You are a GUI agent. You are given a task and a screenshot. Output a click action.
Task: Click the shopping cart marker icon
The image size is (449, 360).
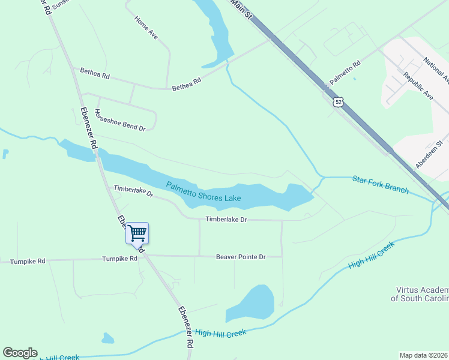click(137, 232)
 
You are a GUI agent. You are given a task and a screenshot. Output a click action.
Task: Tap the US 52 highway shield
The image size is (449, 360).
click(340, 102)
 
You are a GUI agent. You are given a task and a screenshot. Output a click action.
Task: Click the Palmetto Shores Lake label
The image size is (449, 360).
click(203, 192)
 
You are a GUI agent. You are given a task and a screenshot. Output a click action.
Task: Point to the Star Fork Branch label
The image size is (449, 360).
click(381, 184)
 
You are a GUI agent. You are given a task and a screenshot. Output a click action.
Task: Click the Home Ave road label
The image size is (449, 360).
click(146, 28)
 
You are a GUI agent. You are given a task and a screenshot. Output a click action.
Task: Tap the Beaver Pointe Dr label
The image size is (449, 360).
click(241, 257)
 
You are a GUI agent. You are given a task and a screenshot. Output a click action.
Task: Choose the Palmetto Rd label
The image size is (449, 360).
click(345, 73)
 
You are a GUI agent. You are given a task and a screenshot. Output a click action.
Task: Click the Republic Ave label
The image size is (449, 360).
click(418, 85)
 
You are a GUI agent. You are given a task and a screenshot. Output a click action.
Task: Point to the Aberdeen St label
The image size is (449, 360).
click(432, 155)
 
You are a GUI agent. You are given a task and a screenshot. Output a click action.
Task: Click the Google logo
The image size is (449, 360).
click(20, 353)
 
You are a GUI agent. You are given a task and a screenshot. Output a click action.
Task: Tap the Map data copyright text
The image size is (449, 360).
click(424, 355)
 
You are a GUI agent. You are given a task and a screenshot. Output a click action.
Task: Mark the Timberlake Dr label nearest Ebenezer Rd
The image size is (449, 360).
click(133, 191)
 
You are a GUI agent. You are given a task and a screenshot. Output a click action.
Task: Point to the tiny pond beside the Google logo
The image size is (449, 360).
click(107, 339)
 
